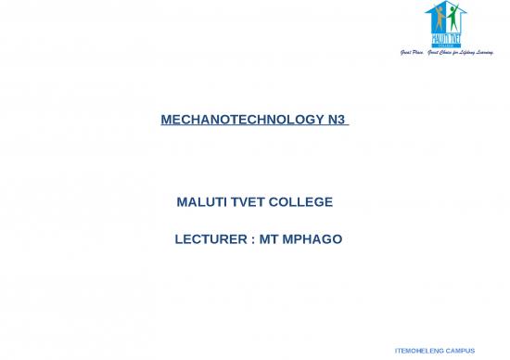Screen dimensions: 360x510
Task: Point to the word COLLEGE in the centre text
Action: pyautogui.click(x=300, y=202)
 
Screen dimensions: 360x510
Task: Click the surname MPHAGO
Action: pyautogui.click(x=313, y=240)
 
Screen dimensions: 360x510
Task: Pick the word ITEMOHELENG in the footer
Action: pyautogui.click(x=420, y=351)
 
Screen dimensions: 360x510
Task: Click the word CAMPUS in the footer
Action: pyautogui.click(x=460, y=351)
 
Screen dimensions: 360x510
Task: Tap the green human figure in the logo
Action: pyautogui.click(x=453, y=18)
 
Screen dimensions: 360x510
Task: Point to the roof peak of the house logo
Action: pyautogui.click(x=443, y=4)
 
